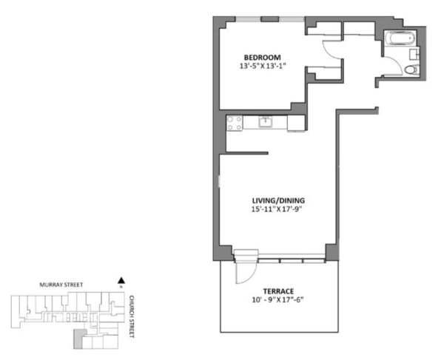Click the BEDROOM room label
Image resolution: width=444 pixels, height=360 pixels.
point(263,57)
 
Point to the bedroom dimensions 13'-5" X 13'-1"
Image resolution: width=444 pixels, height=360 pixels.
point(263,67)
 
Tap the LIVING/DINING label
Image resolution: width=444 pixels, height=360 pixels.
point(277,200)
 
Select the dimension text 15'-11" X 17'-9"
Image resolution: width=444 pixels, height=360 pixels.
point(277,209)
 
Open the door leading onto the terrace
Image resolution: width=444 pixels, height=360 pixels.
point(241,271)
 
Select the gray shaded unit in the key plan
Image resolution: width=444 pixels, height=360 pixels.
point(78,339)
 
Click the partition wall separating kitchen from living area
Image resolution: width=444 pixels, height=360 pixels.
point(245,154)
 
